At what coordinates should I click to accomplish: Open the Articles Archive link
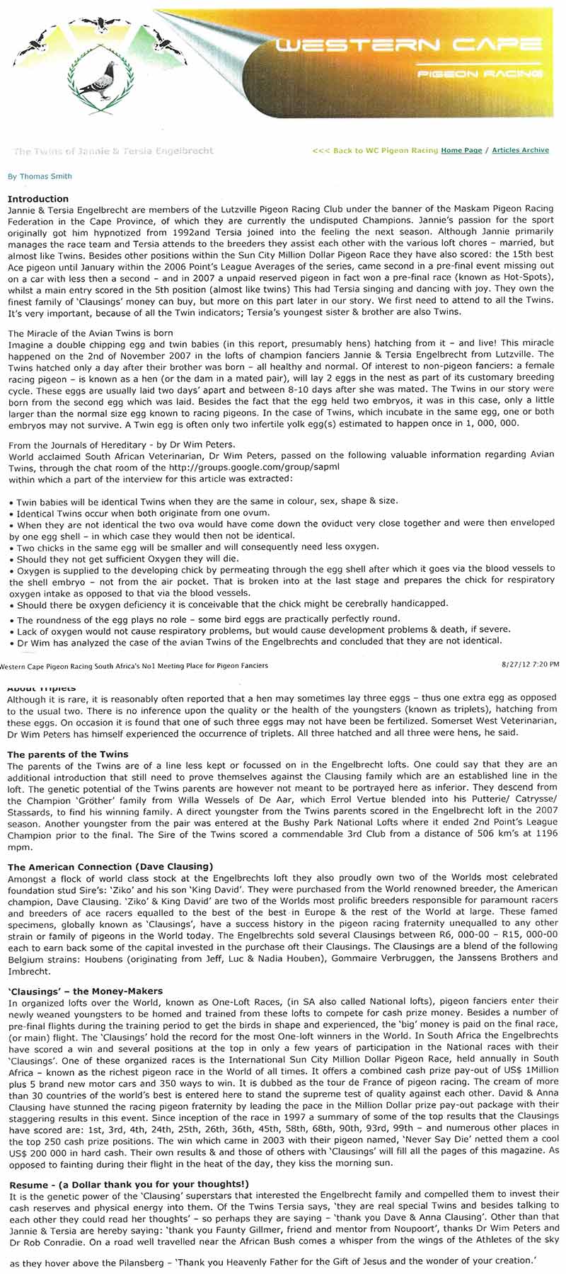tap(520, 150)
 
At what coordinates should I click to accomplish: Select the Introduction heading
tap(38, 199)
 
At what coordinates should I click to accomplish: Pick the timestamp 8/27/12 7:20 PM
tap(529, 664)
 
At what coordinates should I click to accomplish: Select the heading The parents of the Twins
tap(68, 754)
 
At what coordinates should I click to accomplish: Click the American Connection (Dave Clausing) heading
tap(110, 866)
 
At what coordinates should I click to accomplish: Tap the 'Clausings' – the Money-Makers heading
tap(86, 991)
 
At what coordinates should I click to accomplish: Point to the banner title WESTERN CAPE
tap(408, 46)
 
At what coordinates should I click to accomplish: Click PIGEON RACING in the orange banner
tap(479, 73)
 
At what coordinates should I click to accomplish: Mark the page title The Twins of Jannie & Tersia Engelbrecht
tap(113, 151)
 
